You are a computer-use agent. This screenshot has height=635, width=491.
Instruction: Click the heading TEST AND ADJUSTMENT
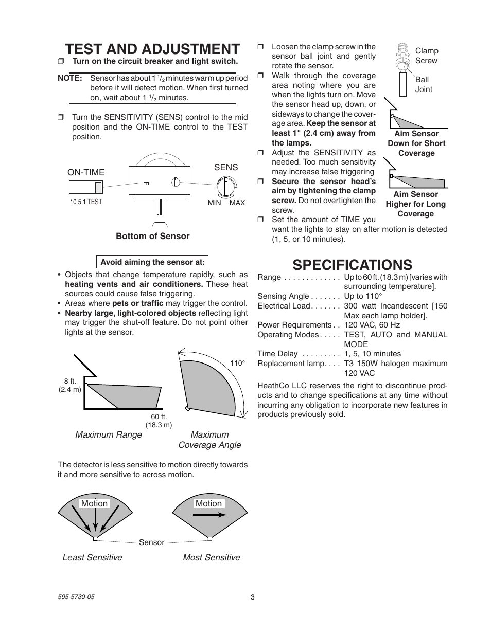(x=152, y=49)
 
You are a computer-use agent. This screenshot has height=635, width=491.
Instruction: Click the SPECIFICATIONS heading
(x=352, y=264)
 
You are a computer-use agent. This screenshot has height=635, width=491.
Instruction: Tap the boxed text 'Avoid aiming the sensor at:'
(x=152, y=262)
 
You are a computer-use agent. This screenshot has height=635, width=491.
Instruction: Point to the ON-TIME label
(x=86, y=173)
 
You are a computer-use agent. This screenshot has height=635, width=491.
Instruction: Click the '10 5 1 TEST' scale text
(x=86, y=202)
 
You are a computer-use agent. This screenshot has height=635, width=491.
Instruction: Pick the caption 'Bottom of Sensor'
(x=152, y=236)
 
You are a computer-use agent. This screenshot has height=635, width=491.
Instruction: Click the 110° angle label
(x=237, y=363)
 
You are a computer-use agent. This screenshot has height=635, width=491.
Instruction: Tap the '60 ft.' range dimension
(x=159, y=416)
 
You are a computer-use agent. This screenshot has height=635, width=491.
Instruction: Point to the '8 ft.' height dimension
(x=70, y=381)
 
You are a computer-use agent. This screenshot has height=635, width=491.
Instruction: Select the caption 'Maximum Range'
(x=109, y=434)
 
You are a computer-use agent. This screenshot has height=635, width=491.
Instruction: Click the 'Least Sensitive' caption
(x=92, y=557)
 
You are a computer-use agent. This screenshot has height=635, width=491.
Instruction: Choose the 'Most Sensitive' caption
(x=211, y=557)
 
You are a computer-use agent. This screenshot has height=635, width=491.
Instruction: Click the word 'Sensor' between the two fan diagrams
(x=152, y=542)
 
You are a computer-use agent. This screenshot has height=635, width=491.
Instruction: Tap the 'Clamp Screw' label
(x=427, y=56)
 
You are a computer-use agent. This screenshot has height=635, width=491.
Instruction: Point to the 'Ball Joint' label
(x=423, y=84)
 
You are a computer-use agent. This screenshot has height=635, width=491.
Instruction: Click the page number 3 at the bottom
(x=252, y=597)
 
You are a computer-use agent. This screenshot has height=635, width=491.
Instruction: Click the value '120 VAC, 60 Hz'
(x=372, y=325)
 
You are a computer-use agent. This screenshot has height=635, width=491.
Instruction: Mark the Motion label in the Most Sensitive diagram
(x=208, y=503)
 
